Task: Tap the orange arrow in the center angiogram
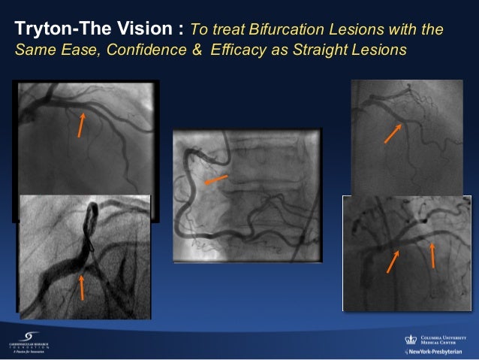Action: [215, 181]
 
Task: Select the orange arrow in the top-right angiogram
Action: [393, 133]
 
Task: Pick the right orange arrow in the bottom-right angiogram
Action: [432, 253]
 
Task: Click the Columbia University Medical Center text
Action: [446, 339]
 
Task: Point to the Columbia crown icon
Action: [410, 339]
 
